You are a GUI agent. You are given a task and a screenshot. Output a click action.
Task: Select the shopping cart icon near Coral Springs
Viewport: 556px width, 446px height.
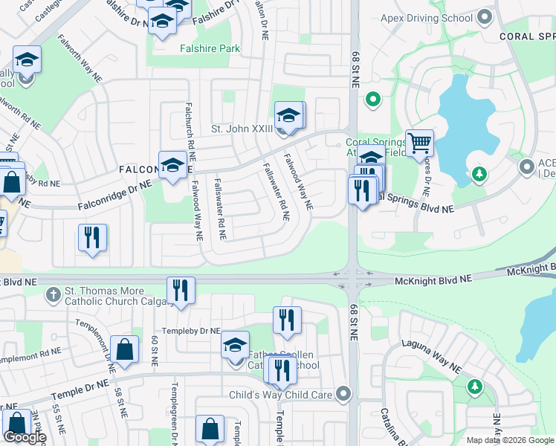419,143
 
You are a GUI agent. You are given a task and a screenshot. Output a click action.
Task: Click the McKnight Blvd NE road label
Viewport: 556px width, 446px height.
434,279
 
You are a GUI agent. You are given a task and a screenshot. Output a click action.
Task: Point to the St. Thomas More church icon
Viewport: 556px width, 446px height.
52,295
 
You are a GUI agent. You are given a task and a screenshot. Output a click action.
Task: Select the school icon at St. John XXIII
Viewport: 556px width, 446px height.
288,115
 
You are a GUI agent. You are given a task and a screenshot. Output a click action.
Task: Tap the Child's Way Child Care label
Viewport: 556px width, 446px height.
280,395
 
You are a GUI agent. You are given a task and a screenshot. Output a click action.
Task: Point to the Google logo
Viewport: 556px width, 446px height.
25,437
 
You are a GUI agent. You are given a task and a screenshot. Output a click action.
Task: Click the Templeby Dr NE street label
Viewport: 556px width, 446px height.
192,331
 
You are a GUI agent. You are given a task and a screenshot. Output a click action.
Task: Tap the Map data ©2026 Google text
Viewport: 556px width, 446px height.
509,440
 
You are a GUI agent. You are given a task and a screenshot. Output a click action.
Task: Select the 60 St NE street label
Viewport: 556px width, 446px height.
154,352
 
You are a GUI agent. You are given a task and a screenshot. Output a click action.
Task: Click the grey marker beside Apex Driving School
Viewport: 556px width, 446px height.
485,17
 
